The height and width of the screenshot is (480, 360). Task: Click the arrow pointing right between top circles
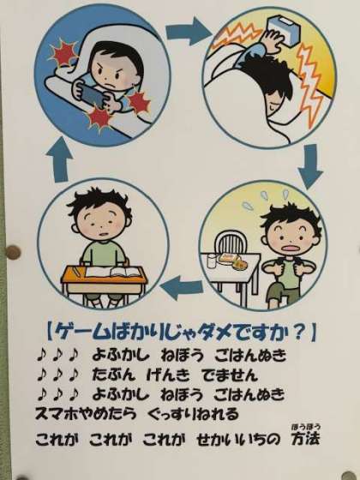pyautogui.click(x=189, y=31)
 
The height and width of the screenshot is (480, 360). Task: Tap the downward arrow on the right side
pyautogui.click(x=310, y=166)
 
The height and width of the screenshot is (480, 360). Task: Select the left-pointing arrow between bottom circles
pyautogui.click(x=182, y=288)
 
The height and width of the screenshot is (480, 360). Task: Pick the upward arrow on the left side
pyautogui.click(x=59, y=159)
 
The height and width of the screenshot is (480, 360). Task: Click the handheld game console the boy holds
pyautogui.click(x=92, y=93)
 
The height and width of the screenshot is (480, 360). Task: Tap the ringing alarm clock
pyautogui.click(x=283, y=30)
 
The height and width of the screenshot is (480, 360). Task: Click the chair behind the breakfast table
pyautogui.click(x=231, y=244)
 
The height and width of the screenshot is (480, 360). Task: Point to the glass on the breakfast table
pyautogui.click(x=211, y=261)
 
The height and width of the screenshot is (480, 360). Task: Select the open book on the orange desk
pyautogui.click(x=113, y=272)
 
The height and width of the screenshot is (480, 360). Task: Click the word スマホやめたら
pyautogui.click(x=86, y=414)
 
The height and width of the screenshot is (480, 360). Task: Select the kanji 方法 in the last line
pyautogui.click(x=305, y=439)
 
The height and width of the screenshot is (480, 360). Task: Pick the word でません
pyautogui.click(x=230, y=375)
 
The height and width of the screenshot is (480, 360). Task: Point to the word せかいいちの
pyautogui.click(x=238, y=440)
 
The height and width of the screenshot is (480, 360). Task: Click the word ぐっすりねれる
pyautogui.click(x=193, y=414)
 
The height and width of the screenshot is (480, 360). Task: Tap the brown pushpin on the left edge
pyautogui.click(x=13, y=253)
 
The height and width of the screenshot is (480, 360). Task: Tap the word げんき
pyautogui.click(x=168, y=375)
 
